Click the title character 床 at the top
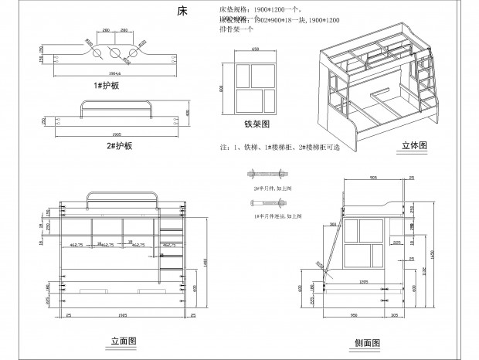[x=182, y=12]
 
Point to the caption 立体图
[x=414, y=144]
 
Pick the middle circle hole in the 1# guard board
[x=114, y=54]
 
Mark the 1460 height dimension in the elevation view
[x=206, y=263]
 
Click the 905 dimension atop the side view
[x=372, y=177]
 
